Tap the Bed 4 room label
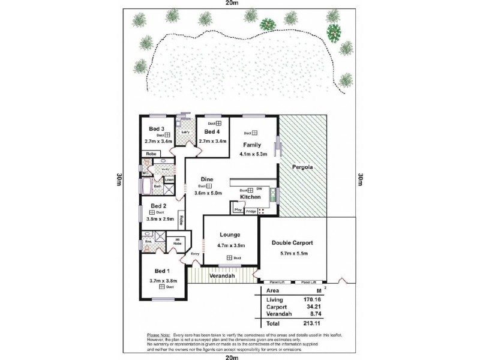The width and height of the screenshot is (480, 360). click(212, 131)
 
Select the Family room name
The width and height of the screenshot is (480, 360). click(252, 145)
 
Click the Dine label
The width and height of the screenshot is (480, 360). click(207, 179)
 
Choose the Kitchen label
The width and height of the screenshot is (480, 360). click(250, 197)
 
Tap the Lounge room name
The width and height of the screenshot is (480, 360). click(230, 235)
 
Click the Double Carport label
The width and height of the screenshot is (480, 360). click(292, 243)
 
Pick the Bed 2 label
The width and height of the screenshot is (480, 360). click(158, 205)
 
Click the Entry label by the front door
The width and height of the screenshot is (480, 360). click(194, 254)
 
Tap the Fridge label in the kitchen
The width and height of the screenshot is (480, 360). click(250, 211)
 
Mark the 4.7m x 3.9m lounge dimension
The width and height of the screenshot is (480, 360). click(230, 245)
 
